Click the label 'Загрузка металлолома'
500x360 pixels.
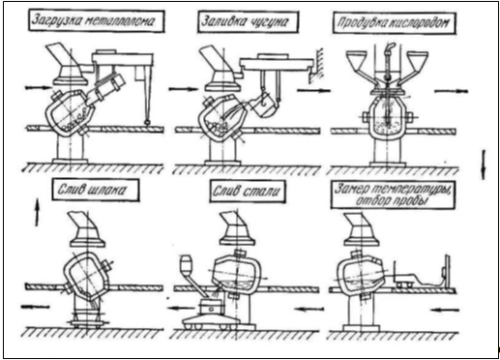click(x=94, y=20)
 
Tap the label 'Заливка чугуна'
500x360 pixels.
click(x=245, y=21)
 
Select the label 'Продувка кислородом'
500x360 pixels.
click(x=393, y=22)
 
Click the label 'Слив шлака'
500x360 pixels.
click(x=92, y=190)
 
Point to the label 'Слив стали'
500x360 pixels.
click(x=246, y=191)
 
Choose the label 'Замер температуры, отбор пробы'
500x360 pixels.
click(x=393, y=195)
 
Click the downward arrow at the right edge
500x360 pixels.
click(x=484, y=165)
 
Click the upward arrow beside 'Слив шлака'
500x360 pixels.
click(x=37, y=213)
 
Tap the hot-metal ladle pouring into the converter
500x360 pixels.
click(x=266, y=105)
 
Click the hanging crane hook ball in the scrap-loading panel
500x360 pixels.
click(x=148, y=122)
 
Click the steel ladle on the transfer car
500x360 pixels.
click(x=211, y=308)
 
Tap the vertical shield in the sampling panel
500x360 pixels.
click(x=447, y=273)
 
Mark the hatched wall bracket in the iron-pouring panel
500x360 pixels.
click(x=317, y=65)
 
